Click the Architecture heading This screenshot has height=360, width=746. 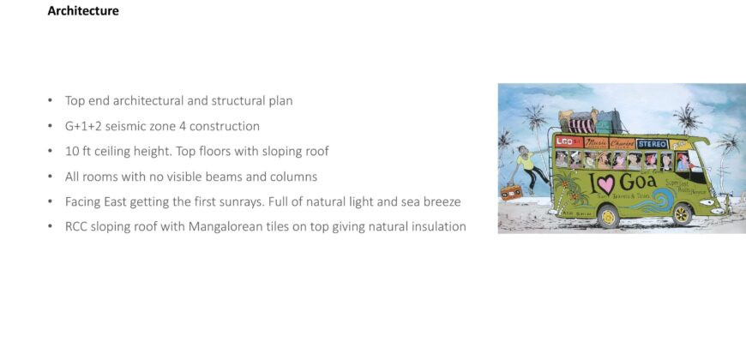(83, 11)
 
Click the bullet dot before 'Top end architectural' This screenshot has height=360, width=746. (51, 101)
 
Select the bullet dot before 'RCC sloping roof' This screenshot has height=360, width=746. (51, 227)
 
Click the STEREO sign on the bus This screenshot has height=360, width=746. (652, 143)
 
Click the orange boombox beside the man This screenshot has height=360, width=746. (510, 193)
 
